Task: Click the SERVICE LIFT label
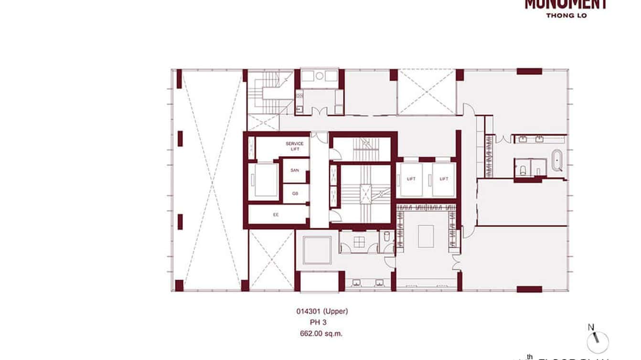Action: pyautogui.click(x=295, y=147)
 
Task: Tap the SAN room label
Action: pyautogui.click(x=295, y=170)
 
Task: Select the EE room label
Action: pyautogui.click(x=276, y=215)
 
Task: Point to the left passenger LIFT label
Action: pyautogui.click(x=411, y=179)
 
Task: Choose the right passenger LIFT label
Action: pyautogui.click(x=444, y=179)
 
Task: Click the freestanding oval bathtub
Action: pyautogui.click(x=557, y=160)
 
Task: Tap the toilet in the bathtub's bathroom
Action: pyautogui.click(x=523, y=169)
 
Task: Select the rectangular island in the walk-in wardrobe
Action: pyautogui.click(x=425, y=236)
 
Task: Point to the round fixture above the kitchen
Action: pyautogui.click(x=320, y=75)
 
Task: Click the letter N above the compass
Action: pyautogui.click(x=591, y=327)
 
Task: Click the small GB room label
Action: pyautogui.click(x=295, y=194)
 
